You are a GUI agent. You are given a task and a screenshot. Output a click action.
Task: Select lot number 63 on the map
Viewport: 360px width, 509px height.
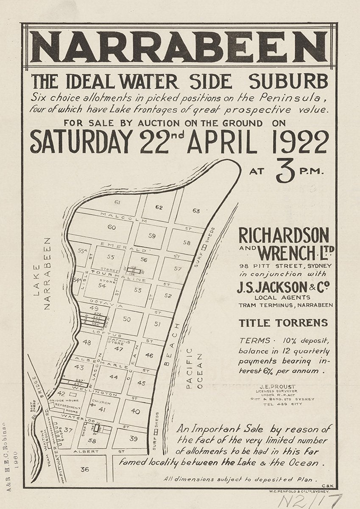tap(196, 210)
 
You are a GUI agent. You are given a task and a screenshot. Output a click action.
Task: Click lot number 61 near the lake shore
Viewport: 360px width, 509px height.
tap(118, 202)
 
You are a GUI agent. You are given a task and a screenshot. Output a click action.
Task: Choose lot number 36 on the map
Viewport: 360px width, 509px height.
tap(84, 469)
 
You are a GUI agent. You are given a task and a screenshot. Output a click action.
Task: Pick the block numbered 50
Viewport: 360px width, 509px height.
tap(127, 319)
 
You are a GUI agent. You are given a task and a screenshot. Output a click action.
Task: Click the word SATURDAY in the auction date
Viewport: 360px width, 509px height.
tap(80, 142)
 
